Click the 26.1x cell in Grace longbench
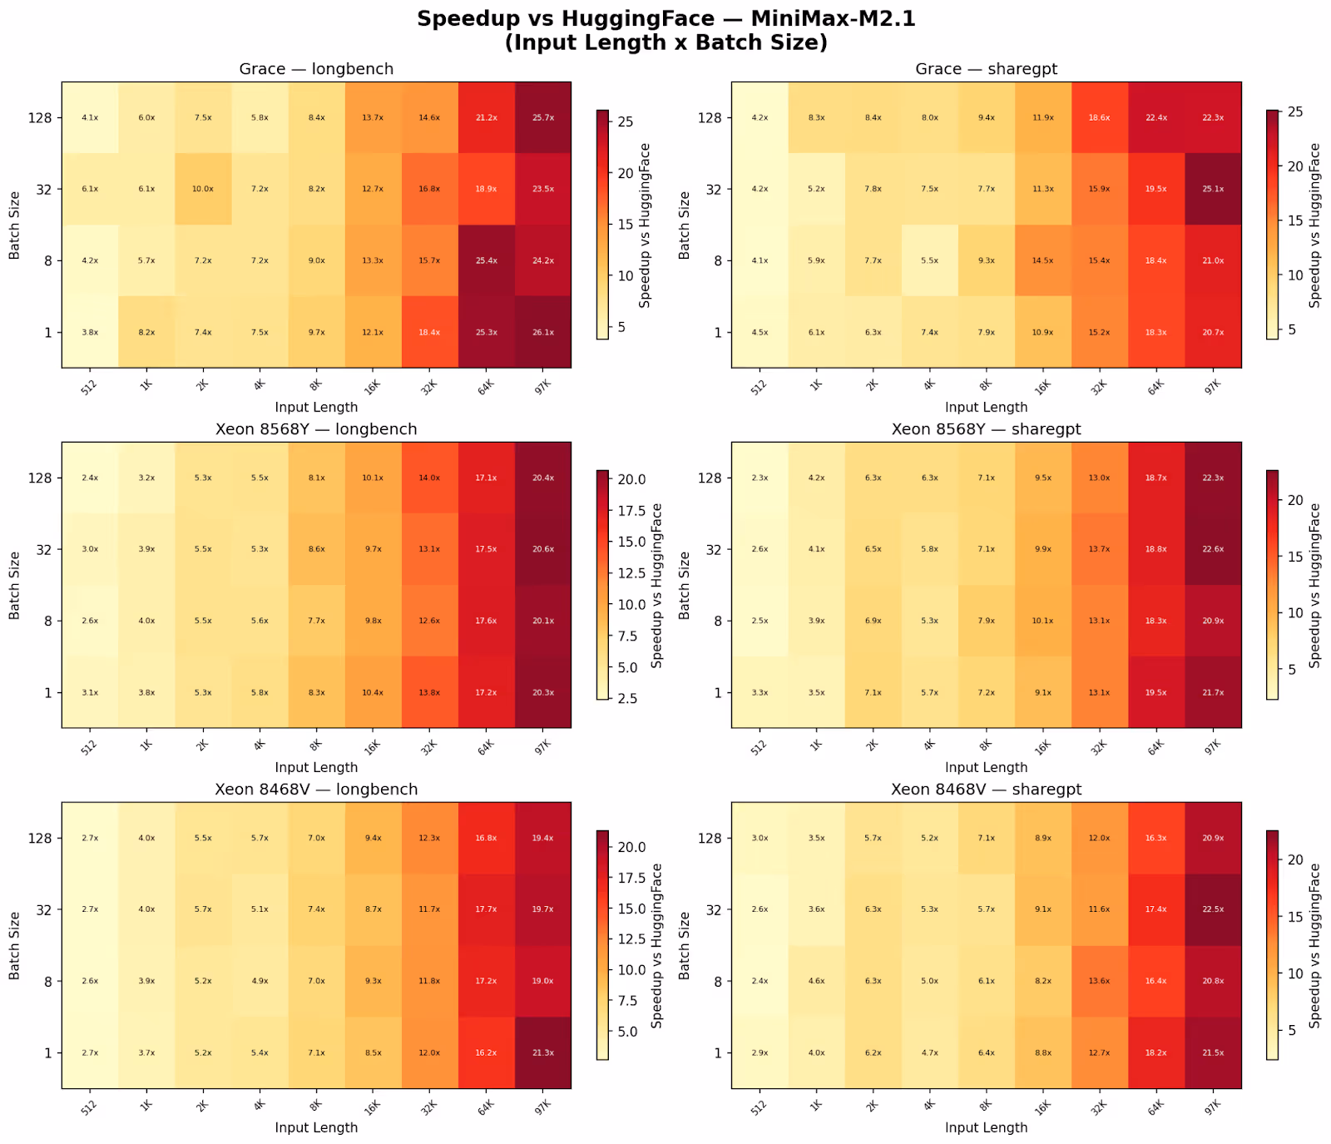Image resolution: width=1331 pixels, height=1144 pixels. (x=542, y=332)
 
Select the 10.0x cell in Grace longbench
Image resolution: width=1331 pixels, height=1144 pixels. (x=203, y=189)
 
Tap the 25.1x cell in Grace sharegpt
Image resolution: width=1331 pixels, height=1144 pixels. (x=1213, y=189)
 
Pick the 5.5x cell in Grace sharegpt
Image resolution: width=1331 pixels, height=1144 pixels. (x=929, y=260)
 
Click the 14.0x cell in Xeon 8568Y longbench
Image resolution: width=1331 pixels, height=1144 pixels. (x=429, y=478)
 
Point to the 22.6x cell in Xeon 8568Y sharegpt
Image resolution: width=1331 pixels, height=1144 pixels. (x=1213, y=549)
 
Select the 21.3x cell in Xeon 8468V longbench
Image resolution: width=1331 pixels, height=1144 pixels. (x=542, y=1052)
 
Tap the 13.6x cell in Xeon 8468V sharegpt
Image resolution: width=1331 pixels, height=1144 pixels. (x=1099, y=981)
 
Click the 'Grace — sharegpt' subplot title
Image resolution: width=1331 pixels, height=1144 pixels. (x=986, y=69)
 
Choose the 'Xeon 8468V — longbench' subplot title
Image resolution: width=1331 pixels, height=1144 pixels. (x=316, y=789)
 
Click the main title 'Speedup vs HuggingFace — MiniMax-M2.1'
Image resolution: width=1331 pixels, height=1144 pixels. (x=665, y=19)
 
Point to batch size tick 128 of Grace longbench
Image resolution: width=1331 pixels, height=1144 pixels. (x=42, y=117)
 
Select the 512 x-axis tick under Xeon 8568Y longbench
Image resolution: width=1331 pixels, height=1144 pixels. (x=89, y=746)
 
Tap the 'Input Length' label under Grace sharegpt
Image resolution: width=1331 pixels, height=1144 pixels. (x=986, y=407)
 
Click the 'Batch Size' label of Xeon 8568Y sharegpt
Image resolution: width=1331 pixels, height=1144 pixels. (x=685, y=585)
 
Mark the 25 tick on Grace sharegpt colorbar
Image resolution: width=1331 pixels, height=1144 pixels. (x=1295, y=111)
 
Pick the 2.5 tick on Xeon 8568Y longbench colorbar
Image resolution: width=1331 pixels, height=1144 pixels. (x=627, y=699)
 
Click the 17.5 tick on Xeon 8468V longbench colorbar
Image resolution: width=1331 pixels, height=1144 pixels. (x=627, y=878)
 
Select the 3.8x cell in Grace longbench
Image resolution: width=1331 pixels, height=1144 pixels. (x=90, y=332)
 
